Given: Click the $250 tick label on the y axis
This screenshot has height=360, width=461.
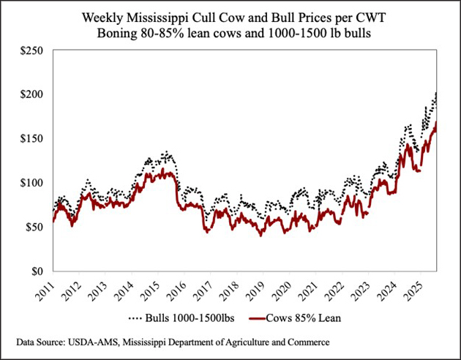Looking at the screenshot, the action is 31,50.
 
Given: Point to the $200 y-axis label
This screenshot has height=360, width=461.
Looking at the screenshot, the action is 31,94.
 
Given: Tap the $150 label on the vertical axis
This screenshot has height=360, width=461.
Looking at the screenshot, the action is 31,139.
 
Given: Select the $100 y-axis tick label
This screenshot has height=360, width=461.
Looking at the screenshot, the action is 31,183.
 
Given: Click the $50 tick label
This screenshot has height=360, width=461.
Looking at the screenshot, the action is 34,227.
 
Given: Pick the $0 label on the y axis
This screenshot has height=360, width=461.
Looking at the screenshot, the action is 37,271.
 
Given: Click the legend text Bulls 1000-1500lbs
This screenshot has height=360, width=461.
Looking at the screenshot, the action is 190,318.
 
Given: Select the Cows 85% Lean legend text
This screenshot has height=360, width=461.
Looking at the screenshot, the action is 303,318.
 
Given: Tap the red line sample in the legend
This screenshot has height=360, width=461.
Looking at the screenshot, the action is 257,318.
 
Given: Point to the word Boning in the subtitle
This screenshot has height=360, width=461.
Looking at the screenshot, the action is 116,34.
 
